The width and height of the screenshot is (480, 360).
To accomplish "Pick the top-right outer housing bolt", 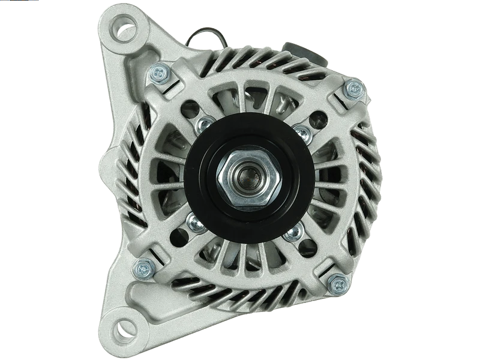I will click(x=353, y=89).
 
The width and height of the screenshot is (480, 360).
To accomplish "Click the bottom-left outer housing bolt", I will click(x=144, y=268).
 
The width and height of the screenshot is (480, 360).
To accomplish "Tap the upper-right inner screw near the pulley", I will click(x=302, y=131).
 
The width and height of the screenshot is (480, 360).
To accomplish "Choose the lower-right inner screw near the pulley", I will click(x=293, y=232).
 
